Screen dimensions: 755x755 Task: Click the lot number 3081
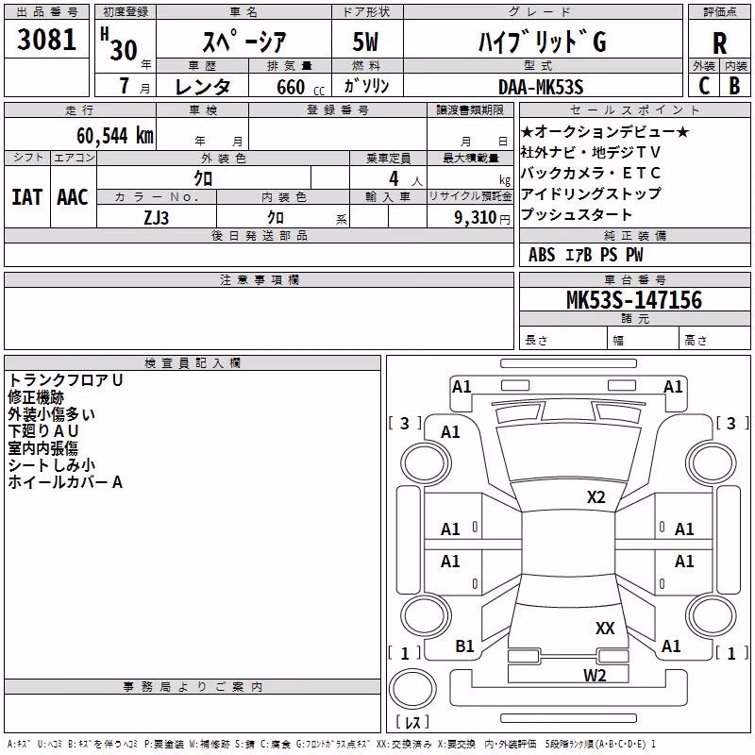[46, 40]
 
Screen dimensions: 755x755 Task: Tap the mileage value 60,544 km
[115, 136]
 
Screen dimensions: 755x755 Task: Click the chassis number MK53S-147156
[634, 299]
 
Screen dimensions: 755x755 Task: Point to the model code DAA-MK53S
[541, 87]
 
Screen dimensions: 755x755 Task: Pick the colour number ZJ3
[156, 218]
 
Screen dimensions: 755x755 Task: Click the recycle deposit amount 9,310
[476, 218]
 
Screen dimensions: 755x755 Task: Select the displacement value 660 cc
[300, 87]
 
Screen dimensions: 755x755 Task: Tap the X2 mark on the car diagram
[596, 497]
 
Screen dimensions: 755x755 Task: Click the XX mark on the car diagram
[605, 628]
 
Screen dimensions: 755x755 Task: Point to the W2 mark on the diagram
[595, 675]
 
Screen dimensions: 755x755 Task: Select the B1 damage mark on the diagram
[464, 646]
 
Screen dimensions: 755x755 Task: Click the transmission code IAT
[27, 197]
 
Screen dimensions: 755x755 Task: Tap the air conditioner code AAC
[73, 197]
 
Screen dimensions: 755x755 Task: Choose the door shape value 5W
[365, 42]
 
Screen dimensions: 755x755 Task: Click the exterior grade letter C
[704, 86]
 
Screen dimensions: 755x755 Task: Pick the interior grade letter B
[734, 86]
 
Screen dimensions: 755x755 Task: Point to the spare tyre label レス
[412, 722]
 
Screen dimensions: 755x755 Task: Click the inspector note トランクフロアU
[65, 380]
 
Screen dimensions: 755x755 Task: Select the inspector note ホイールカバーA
[65, 481]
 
